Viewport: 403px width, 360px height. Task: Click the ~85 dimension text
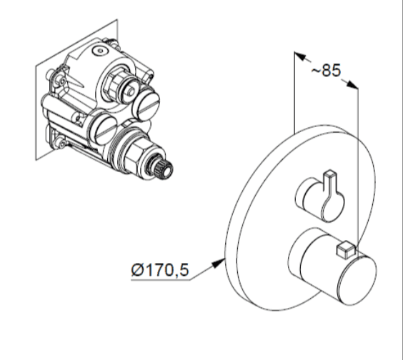coord(326,70)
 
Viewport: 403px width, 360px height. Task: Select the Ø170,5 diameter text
coord(160,270)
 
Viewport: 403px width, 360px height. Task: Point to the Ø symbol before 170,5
coord(137,270)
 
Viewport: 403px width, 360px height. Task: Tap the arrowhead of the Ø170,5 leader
coord(218,263)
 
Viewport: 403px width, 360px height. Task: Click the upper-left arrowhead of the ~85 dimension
coord(299,56)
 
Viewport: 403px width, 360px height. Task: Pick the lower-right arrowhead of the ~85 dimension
coord(352,84)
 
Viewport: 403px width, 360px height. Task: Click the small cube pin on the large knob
coord(346,249)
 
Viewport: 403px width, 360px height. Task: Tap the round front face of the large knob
coord(358,281)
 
